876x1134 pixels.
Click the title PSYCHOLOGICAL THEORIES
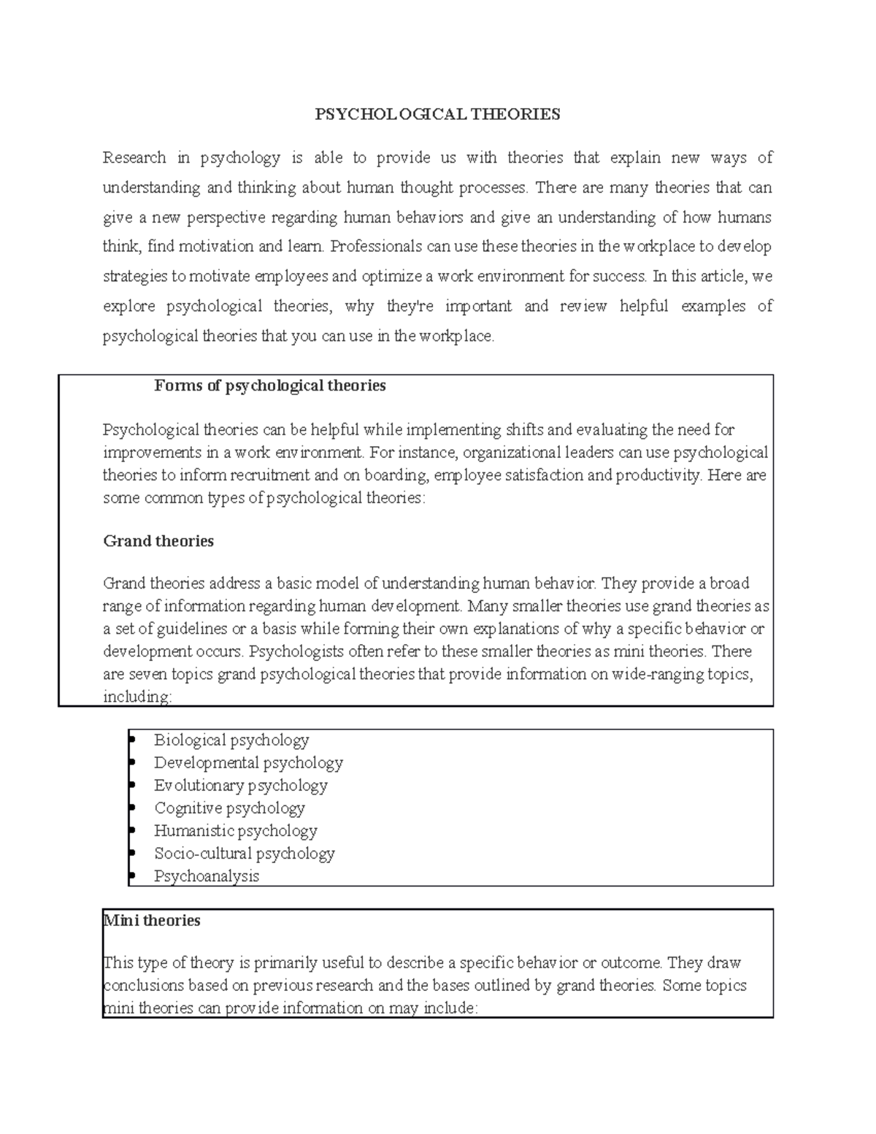click(437, 114)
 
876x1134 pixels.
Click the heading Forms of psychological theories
click(269, 386)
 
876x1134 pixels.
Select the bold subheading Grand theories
click(158, 541)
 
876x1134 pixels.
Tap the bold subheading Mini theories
click(152, 920)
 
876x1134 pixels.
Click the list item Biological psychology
click(231, 740)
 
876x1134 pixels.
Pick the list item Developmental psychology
click(248, 762)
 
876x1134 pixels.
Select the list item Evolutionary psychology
click(240, 785)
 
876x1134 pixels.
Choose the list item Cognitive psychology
click(229, 808)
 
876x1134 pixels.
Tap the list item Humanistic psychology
click(235, 830)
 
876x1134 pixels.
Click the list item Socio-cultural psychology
click(244, 853)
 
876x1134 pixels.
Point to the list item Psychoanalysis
click(207, 876)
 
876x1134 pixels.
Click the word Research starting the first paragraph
click(134, 158)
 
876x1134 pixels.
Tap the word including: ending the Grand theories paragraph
click(137, 697)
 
